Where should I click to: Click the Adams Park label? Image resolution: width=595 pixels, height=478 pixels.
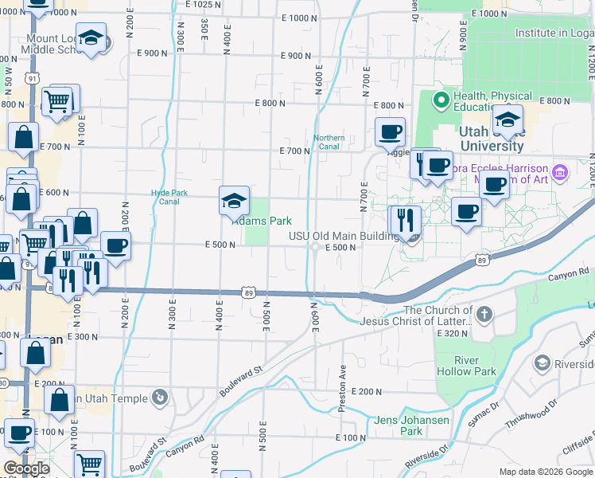261,221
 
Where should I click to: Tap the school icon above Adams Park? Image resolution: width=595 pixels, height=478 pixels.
233,200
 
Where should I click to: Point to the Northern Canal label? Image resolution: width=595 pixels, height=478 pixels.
329,142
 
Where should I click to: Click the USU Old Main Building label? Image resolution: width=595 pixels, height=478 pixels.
343,236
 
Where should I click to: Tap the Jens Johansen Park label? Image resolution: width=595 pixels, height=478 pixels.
411,425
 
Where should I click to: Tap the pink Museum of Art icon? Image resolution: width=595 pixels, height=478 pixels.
561,171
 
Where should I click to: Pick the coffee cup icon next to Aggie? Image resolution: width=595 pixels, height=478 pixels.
390,132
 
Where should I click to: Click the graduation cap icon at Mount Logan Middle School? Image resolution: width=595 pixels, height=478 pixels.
91,38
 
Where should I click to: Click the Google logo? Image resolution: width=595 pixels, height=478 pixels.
27,468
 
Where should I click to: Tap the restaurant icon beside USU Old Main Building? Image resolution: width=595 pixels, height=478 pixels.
406,219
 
